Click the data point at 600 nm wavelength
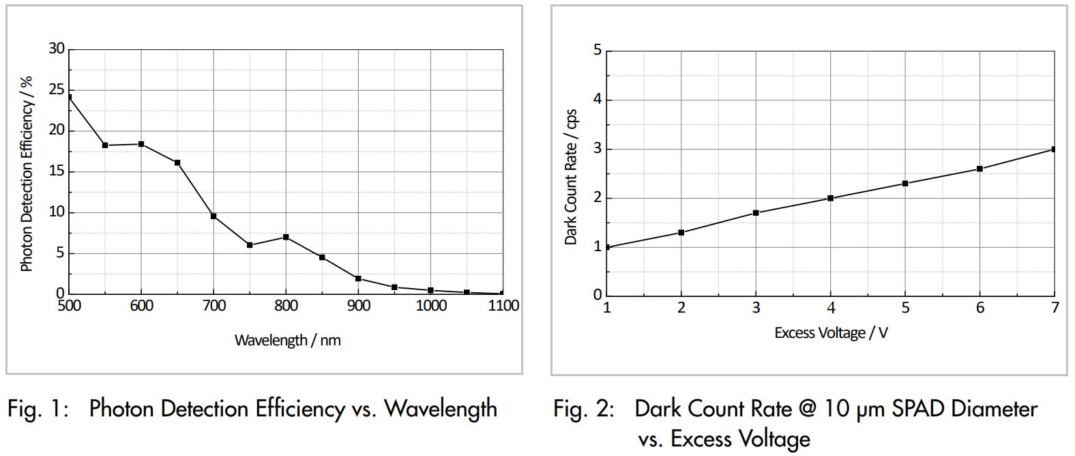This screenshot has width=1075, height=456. [141, 144]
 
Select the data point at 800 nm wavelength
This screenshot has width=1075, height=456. [286, 237]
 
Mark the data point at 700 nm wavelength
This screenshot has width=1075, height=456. [213, 216]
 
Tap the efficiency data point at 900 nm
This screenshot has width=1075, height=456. [358, 279]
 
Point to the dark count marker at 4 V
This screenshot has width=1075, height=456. [830, 198]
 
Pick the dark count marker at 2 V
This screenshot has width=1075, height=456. [681, 233]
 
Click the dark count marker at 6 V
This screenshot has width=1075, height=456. [980, 169]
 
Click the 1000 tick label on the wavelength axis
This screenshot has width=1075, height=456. [431, 306]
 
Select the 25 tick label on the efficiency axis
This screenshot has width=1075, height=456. [57, 90]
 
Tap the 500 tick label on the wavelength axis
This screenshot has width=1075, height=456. [69, 306]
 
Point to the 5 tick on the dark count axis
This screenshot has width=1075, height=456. [598, 51]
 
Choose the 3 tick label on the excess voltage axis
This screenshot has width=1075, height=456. [756, 308]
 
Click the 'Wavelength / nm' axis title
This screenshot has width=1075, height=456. [287, 340]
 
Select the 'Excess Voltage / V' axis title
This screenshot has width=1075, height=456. [831, 333]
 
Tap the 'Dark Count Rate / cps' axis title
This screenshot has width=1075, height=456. [571, 177]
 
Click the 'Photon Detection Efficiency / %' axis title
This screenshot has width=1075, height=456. [27, 174]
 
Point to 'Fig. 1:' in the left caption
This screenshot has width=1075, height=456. [38, 409]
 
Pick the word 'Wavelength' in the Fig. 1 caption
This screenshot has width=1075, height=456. [441, 409]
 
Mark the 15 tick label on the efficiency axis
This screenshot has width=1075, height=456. [57, 171]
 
